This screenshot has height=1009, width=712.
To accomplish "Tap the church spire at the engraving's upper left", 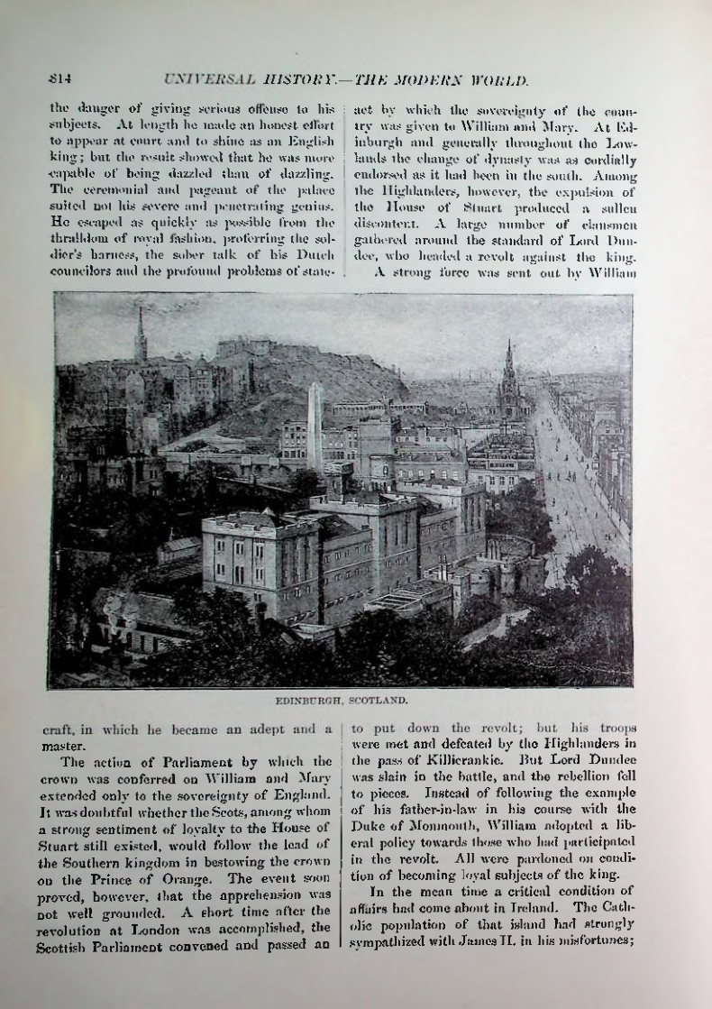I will [140, 337].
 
